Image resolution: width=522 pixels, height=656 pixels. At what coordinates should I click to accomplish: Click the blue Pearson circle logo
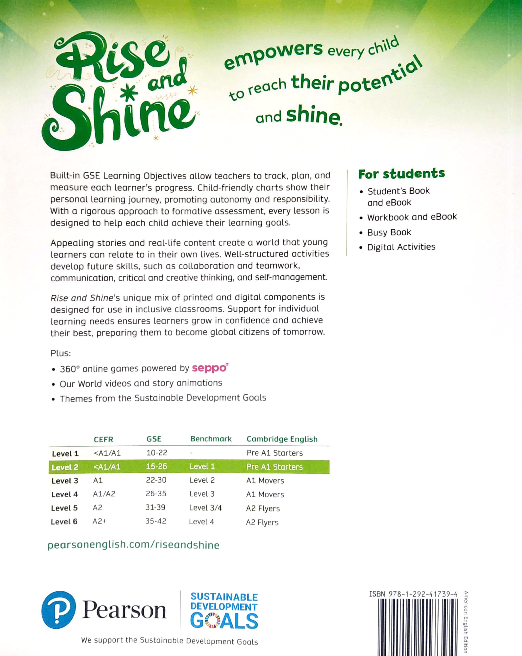point(58,610)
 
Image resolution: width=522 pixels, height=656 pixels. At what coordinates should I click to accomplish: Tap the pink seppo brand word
point(210,368)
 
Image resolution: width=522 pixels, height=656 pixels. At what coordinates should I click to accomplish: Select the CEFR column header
point(103,439)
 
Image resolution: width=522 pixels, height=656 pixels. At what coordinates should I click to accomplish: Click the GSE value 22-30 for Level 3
point(156,480)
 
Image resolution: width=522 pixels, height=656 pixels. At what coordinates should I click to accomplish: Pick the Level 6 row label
point(64,522)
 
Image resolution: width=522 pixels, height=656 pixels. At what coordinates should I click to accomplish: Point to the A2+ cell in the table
point(99,521)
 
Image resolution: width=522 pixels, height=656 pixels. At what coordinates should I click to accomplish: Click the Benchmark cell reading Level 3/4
point(205,508)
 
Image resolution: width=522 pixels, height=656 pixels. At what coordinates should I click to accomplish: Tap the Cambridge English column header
point(282,439)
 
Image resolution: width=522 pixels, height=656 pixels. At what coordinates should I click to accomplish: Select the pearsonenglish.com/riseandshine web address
point(133,545)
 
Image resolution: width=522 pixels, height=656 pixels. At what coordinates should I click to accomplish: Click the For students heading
point(401,174)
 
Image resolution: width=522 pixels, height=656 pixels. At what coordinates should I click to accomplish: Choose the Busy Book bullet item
point(389,233)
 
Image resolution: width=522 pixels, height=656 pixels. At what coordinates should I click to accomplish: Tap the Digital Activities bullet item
point(401,247)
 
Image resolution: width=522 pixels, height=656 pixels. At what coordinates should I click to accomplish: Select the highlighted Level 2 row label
point(65,467)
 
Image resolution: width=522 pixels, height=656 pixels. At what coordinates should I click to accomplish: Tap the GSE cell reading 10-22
point(156,453)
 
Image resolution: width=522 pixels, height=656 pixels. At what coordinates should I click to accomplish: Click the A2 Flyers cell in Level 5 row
point(263,508)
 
